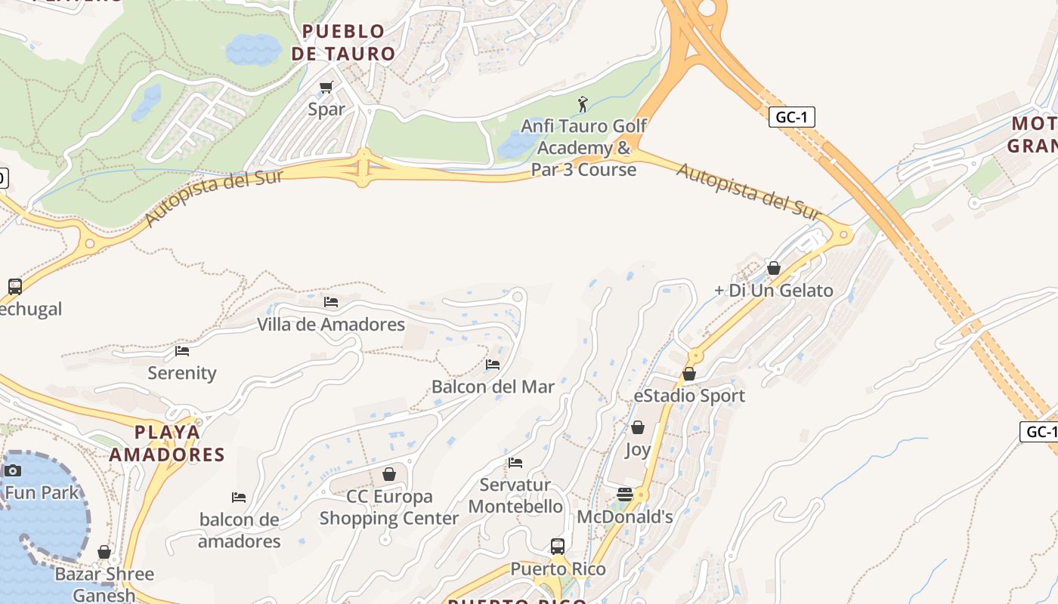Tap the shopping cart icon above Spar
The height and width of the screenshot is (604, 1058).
[326, 88]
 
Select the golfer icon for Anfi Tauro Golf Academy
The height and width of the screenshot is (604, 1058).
[583, 103]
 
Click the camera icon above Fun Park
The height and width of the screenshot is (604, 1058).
[12, 471]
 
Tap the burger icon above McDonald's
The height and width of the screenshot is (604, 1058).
[625, 495]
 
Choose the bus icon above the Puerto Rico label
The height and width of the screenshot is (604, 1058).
[558, 547]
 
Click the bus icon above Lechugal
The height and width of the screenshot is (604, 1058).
[15, 287]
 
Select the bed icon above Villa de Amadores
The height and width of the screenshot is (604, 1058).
[331, 302]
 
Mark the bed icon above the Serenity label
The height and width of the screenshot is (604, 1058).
[182, 351]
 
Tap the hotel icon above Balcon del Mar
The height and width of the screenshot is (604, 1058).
[493, 365]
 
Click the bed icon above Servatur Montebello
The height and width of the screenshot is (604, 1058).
[515, 463]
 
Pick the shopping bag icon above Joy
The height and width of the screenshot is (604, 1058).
[638, 428]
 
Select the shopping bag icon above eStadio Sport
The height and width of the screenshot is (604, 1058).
[689, 374]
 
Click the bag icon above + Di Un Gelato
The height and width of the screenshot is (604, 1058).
[774, 268]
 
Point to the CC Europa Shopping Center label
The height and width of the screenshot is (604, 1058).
[389, 507]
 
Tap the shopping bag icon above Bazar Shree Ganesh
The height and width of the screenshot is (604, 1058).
[104, 553]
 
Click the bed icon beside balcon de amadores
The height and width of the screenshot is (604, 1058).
[239, 498]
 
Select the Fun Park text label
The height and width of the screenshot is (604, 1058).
[42, 493]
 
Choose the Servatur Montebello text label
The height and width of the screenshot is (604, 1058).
[515, 495]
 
